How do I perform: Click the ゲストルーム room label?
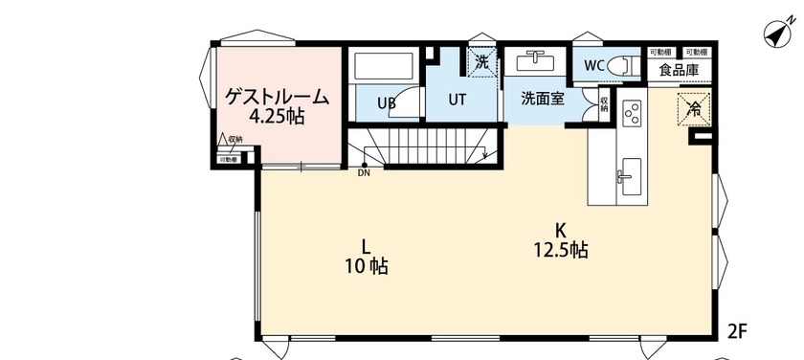[277, 97]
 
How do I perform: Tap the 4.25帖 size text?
[277, 117]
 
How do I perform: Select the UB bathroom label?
[387, 102]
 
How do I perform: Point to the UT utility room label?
[458, 98]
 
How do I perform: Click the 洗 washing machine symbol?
[482, 61]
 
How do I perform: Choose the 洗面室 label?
[542, 98]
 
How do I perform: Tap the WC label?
[593, 66]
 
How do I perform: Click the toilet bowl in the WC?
[621, 65]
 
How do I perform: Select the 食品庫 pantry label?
[678, 71]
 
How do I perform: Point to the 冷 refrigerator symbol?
[694, 108]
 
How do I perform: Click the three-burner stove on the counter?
[631, 116]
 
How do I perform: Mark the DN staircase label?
[365, 173]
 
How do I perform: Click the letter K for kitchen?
[560, 229]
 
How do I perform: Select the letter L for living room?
[366, 243]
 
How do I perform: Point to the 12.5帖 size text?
[560, 250]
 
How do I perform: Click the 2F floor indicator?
[736, 331]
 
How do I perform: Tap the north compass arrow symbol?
[775, 35]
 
